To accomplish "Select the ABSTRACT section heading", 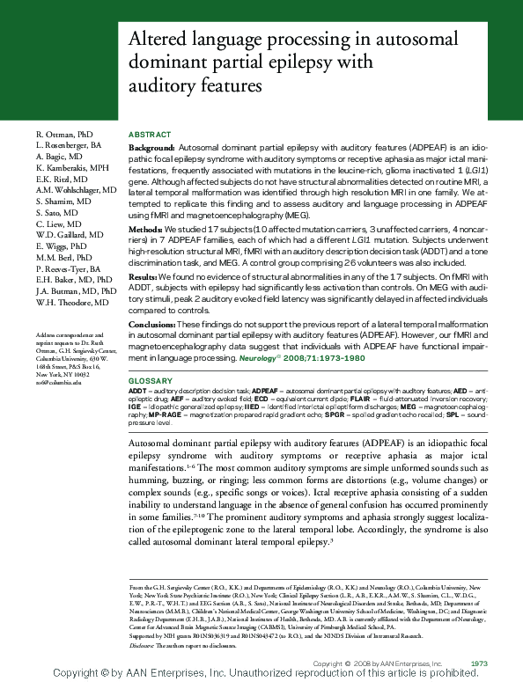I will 148,132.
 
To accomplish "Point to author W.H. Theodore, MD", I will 72,303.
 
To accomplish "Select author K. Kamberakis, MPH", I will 72,167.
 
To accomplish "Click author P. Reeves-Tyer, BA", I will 68,268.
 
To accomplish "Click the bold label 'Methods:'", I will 147,228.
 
